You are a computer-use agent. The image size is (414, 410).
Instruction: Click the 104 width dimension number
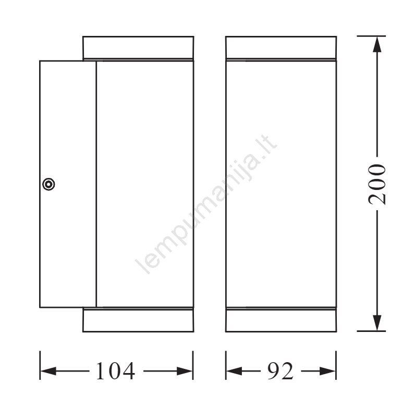(115, 371)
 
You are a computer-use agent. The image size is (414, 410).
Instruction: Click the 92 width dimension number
(281, 371)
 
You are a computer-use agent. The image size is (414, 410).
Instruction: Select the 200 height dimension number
(377, 184)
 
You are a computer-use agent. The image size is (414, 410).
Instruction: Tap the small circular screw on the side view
(48, 184)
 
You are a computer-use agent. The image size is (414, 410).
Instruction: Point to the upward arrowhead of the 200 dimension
(378, 45)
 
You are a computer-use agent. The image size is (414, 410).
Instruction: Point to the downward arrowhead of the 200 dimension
(378, 323)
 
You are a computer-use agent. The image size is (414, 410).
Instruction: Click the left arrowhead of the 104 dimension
(48, 371)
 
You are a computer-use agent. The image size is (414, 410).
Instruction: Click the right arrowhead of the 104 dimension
(185, 371)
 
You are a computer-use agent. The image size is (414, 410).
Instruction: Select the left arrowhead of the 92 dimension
(234, 371)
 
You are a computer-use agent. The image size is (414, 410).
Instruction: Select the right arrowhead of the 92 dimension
(327, 371)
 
